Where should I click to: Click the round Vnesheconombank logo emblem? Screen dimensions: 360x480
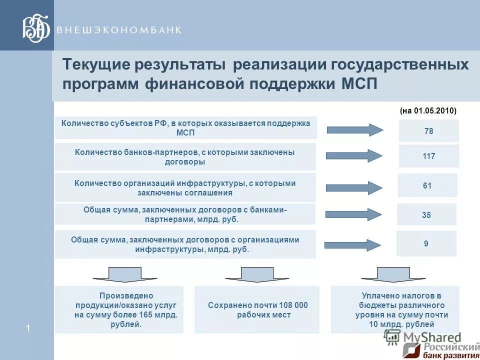36,28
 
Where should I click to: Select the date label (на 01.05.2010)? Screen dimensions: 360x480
428,111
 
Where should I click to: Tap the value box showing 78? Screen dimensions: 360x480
428,131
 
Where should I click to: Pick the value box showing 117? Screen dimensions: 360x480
428,156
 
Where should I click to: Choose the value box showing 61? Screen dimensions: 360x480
427,185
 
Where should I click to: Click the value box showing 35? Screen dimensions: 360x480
426,215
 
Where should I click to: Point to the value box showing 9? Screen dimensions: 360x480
426,244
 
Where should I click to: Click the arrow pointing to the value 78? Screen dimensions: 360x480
354,130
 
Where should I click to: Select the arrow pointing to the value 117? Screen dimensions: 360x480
353,155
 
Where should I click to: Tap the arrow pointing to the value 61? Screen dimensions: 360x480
353,188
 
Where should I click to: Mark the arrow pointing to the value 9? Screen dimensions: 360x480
352,245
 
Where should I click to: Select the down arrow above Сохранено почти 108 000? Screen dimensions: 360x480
257,274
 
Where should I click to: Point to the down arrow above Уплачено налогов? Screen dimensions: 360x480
393,274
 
